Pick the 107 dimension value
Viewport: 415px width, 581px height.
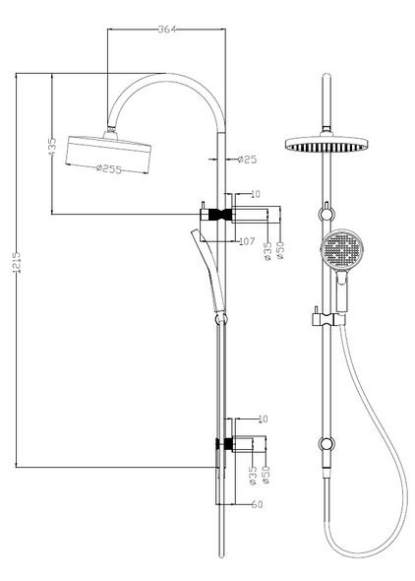247,238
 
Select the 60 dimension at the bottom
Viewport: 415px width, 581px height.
257,505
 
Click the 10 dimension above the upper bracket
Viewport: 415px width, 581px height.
256,194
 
